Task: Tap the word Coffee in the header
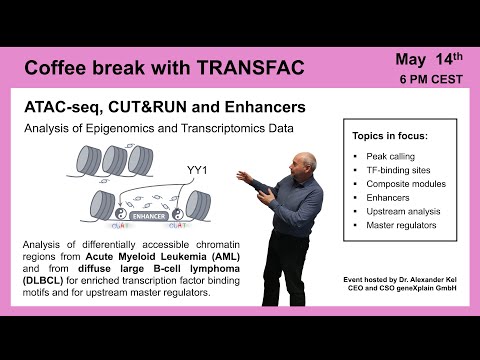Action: (x=56, y=69)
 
